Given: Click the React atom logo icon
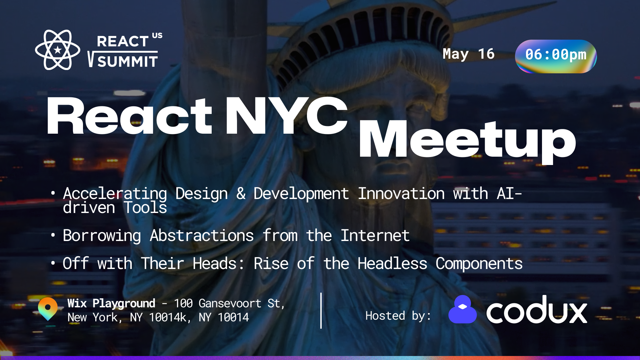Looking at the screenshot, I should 58,50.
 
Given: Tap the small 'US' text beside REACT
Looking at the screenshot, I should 157,35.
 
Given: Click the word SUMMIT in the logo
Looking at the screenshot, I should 127,62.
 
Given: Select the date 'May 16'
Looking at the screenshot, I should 468,54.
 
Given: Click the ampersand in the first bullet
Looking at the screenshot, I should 241,194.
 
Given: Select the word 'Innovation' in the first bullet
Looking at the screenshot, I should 401,194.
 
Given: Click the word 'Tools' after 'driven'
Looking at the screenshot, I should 145,208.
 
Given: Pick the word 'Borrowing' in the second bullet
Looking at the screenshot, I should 102,236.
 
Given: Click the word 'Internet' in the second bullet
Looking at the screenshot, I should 375,236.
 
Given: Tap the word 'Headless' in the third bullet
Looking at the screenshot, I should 392,264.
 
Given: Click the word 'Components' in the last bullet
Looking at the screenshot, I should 479,264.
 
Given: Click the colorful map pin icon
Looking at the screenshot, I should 48,308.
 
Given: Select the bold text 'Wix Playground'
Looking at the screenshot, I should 111,303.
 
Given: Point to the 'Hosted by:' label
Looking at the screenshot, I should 398,316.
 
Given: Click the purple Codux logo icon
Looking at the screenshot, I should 463,310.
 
